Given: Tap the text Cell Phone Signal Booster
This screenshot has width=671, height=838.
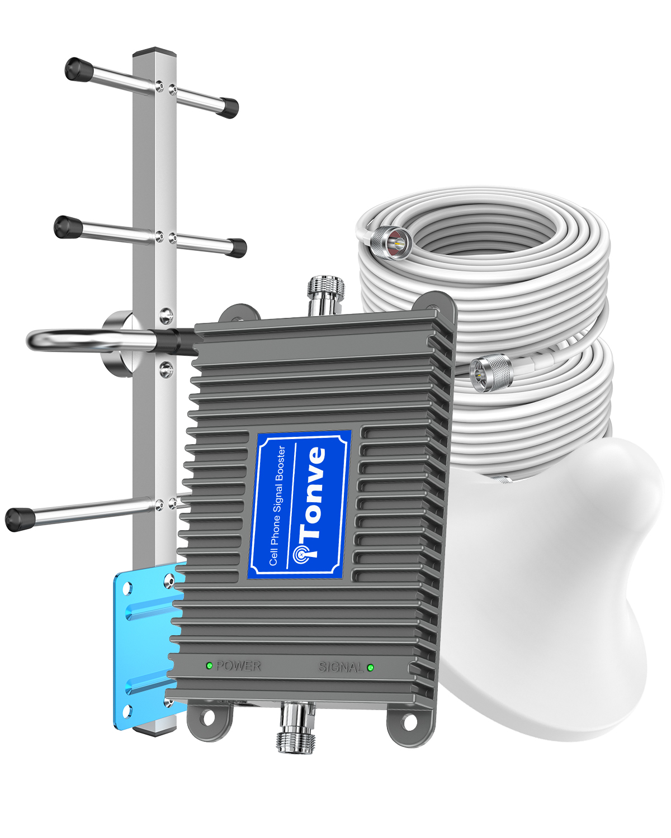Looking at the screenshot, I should (277, 506).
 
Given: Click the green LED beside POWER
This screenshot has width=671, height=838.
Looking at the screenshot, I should (209, 665).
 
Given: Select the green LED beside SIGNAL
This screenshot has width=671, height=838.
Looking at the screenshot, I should (370, 667).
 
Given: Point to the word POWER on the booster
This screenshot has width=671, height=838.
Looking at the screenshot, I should (238, 666).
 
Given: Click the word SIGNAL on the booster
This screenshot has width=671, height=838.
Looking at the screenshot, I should (341, 667).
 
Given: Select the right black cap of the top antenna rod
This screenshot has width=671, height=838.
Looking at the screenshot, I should (229, 107).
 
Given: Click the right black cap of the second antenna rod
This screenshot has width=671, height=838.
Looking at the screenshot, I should (237, 247).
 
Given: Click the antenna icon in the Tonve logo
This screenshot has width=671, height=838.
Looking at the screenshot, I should (303, 554).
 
